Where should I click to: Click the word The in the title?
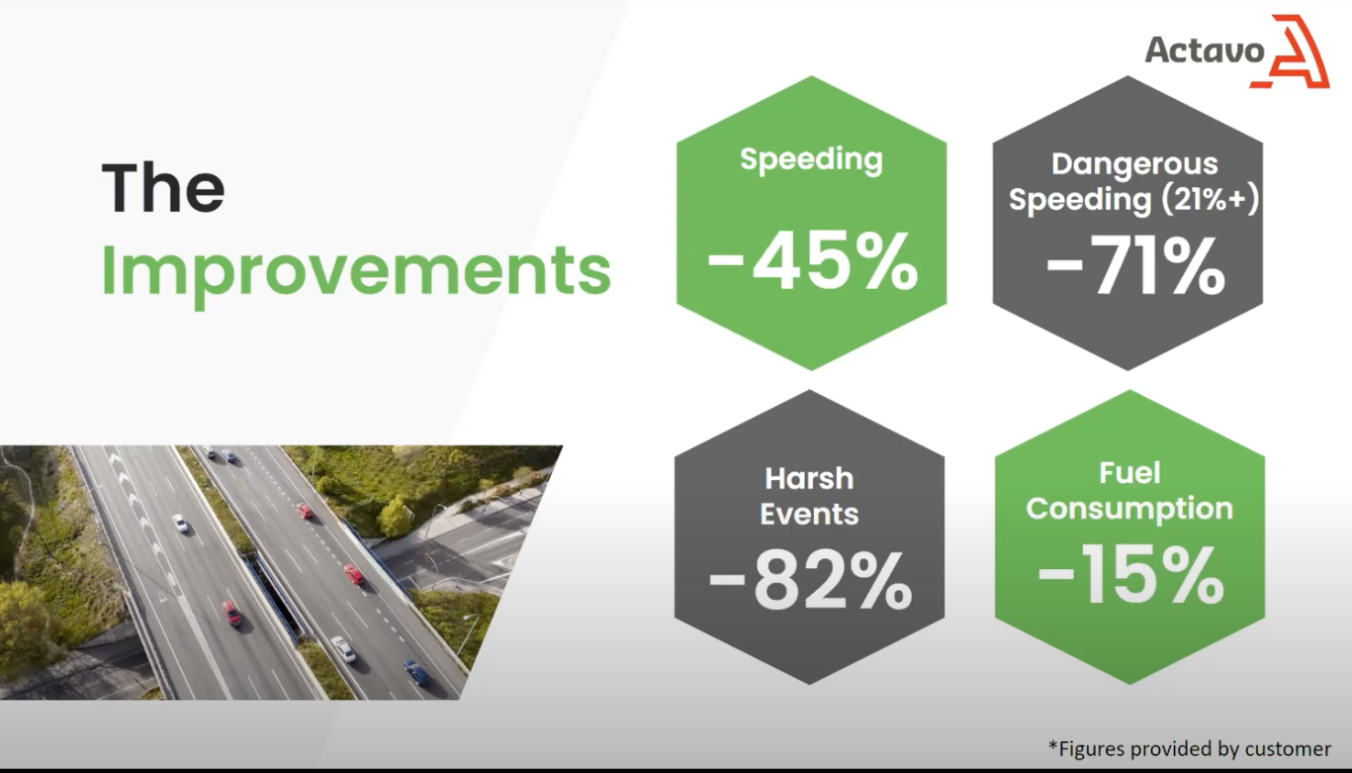(163, 187)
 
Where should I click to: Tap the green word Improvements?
(356, 272)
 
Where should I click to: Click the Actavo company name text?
(1205, 49)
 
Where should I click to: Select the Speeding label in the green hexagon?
(811, 160)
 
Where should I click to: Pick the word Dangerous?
(1134, 164)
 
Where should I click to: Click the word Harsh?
(809, 479)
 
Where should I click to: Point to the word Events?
(809, 514)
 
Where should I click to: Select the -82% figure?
(810, 581)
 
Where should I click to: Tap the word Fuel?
(1129, 473)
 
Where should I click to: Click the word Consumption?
(1129, 509)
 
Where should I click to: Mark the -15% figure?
(1131, 574)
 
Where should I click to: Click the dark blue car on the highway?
(417, 672)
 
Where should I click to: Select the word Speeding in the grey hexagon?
(1080, 200)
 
